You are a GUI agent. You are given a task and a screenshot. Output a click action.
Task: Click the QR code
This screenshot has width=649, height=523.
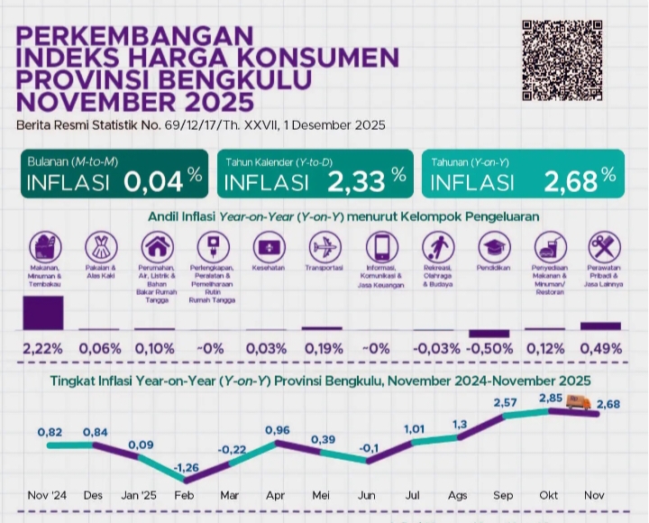(562, 60)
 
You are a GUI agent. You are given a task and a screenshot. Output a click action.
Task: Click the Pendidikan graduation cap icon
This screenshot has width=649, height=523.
(492, 246)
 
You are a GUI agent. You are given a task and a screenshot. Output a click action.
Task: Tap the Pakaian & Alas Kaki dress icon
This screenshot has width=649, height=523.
(100, 246)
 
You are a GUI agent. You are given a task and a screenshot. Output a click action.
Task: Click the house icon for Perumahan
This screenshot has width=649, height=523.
(157, 246)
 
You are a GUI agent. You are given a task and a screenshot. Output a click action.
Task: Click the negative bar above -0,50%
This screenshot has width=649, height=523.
(489, 334)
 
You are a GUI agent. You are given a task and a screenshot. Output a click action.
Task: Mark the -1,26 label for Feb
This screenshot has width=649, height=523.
(186, 467)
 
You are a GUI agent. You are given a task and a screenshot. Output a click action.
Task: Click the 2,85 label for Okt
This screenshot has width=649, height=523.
(551, 399)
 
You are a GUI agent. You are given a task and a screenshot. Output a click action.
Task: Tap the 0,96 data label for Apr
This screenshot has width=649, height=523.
(277, 430)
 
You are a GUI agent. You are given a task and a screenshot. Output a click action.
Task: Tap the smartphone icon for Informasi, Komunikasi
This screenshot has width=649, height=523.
(380, 246)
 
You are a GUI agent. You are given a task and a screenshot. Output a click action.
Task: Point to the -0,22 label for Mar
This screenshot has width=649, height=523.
(233, 448)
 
